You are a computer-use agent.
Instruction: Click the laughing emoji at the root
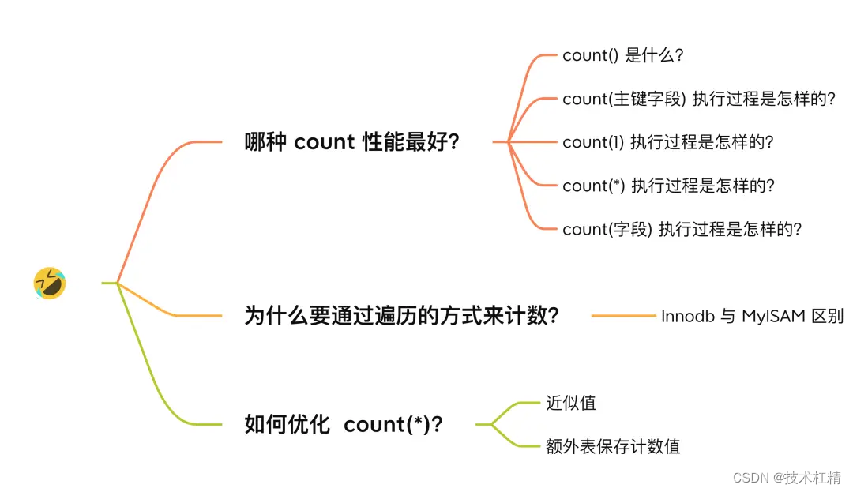[x=49, y=283]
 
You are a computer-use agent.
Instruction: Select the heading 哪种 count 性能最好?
[x=352, y=142]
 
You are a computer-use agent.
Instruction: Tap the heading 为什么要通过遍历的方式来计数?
[x=402, y=316]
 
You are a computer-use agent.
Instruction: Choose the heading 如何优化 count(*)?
[x=344, y=424]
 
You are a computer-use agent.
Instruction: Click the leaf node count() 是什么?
[x=622, y=55]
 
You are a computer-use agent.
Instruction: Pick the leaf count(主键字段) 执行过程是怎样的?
[x=698, y=99]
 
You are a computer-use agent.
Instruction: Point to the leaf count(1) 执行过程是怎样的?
[x=667, y=142]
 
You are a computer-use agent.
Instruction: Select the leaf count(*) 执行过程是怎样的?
[x=668, y=186]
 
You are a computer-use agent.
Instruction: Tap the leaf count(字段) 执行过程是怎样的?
[x=682, y=229]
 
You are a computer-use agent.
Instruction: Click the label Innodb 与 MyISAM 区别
[x=752, y=316]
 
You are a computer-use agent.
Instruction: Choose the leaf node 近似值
[x=570, y=403]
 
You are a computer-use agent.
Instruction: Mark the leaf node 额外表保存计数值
[x=612, y=446]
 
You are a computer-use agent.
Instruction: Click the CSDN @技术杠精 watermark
[x=787, y=477]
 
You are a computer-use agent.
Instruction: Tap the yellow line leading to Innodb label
[x=623, y=316]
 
